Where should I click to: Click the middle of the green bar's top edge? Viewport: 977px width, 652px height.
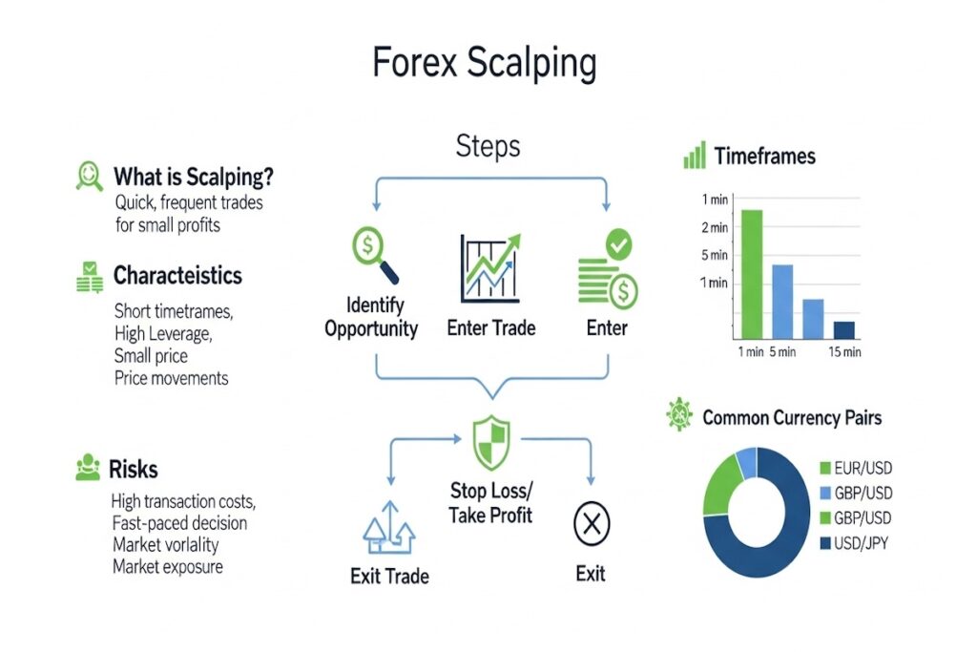tap(752, 210)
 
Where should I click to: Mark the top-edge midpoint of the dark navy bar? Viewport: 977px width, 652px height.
tap(844, 322)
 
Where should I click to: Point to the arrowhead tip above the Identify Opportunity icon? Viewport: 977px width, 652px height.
tap(376, 210)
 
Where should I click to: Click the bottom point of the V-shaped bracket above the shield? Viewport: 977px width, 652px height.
tap(492, 398)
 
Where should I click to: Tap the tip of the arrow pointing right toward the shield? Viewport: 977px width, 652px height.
tap(462, 439)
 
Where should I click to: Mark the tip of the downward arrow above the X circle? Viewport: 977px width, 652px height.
tap(591, 485)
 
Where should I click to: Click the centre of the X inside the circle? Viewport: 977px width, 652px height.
tap(592, 523)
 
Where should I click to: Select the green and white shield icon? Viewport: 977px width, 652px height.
tap(491, 443)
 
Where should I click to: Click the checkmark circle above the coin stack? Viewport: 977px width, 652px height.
tap(618, 244)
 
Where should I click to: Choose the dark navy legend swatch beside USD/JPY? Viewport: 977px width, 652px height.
tap(825, 543)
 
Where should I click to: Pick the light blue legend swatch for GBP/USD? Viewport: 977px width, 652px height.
tap(825, 493)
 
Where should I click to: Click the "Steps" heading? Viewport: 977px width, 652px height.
tap(488, 146)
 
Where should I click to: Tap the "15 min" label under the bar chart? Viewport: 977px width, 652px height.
tap(845, 352)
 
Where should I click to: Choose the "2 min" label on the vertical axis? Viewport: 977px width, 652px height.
tap(715, 227)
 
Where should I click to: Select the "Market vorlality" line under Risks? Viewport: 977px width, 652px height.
tap(166, 545)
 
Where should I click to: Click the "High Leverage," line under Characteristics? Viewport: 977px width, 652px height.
tap(163, 334)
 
